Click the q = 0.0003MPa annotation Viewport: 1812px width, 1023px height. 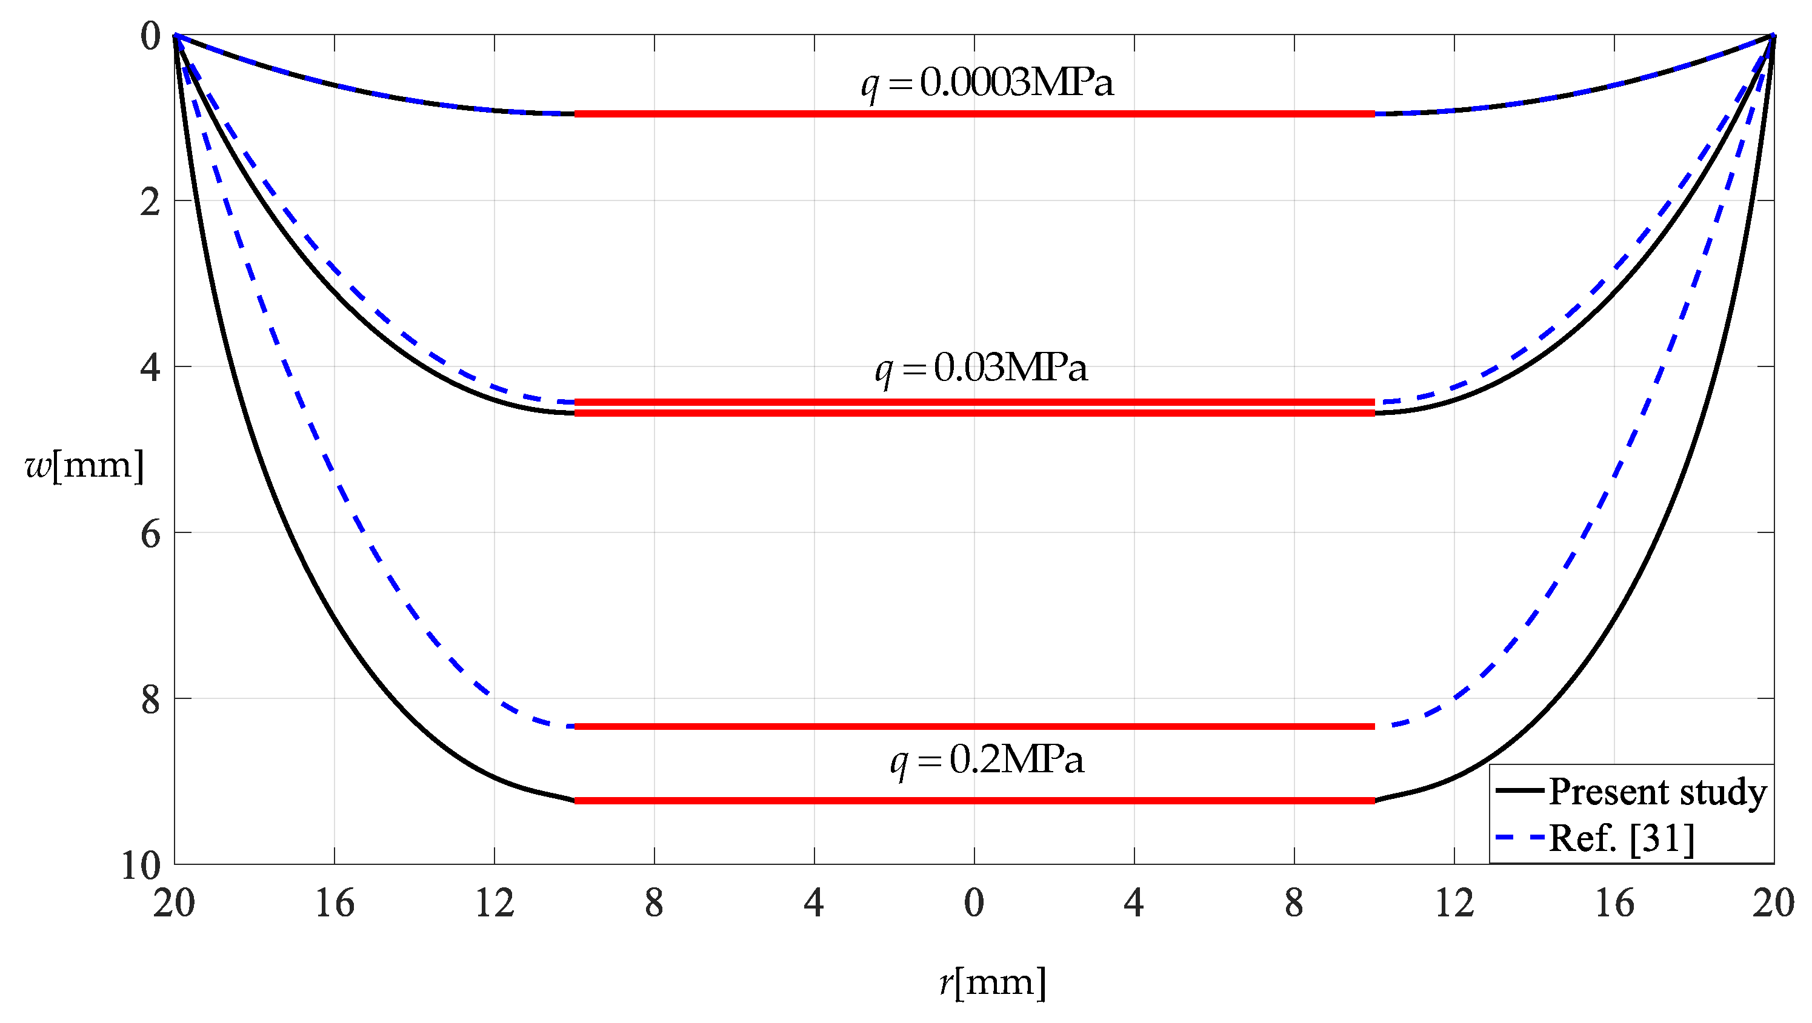[x=987, y=83]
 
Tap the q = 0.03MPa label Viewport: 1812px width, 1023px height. [x=981, y=368]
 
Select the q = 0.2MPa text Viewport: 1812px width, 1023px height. [x=987, y=760]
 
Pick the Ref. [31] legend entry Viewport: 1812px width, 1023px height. [x=1621, y=838]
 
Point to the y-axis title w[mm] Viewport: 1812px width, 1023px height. [x=84, y=465]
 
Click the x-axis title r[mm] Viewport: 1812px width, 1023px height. [x=993, y=982]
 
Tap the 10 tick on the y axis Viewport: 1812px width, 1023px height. [x=141, y=866]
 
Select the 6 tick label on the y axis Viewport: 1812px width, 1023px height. [x=150, y=534]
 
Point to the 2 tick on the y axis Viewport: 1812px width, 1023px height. [x=150, y=202]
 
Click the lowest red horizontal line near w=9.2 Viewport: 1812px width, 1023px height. [x=974, y=800]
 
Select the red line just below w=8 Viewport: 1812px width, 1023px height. [x=974, y=726]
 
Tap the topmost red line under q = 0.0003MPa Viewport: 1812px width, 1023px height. [x=974, y=113]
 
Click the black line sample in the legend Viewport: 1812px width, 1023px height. [x=1520, y=791]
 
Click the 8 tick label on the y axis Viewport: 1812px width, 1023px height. [x=150, y=700]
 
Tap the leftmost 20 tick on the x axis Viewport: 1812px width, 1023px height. [x=174, y=902]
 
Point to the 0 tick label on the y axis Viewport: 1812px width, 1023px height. [x=150, y=36]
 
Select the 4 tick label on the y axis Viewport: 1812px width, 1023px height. [x=150, y=368]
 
